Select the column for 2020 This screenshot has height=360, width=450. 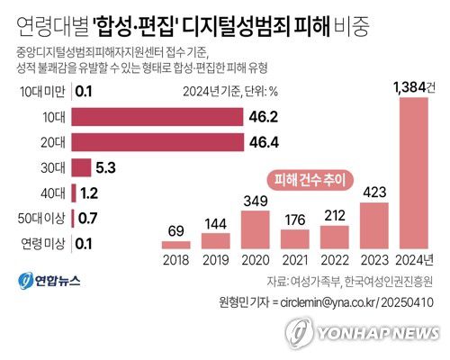256,227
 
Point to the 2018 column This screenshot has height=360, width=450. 175,243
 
